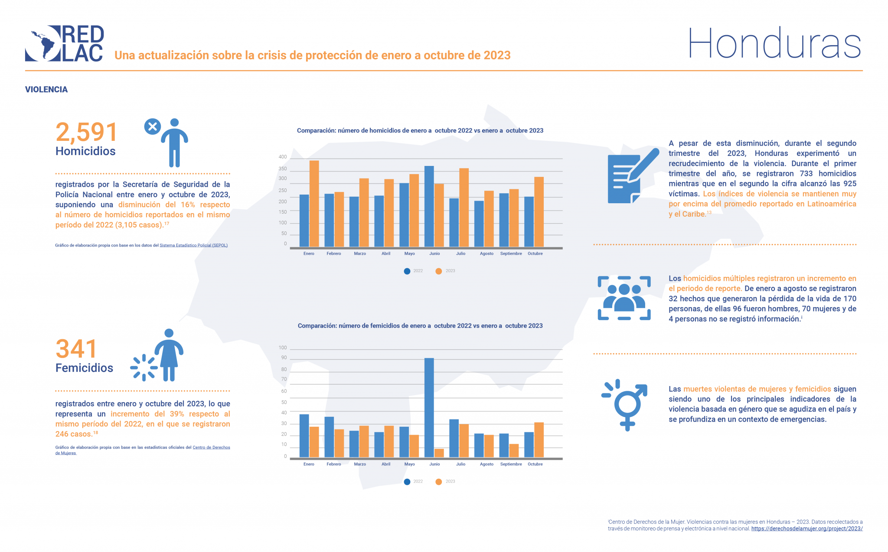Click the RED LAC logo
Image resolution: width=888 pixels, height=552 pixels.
tap(64, 43)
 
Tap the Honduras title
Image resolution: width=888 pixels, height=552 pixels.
tap(774, 43)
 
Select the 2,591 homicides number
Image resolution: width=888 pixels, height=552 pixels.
tap(86, 132)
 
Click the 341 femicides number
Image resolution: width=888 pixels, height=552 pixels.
tap(76, 349)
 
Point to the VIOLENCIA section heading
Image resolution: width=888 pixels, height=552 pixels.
tap(46, 90)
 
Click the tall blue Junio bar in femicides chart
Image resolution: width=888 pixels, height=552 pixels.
tap(429, 407)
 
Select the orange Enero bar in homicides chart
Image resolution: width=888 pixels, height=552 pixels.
tap(314, 204)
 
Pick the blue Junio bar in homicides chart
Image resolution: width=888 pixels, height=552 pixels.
tap(429, 206)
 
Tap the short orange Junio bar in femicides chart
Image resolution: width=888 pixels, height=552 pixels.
tap(439, 453)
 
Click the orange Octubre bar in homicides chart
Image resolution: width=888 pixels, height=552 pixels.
tap(539, 212)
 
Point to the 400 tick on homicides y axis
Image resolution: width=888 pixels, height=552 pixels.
tap(282, 157)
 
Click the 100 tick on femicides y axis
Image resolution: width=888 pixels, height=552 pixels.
tap(283, 347)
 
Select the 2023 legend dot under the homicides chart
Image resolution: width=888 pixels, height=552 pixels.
tap(439, 271)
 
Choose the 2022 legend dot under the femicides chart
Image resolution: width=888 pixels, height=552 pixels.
tap(407, 482)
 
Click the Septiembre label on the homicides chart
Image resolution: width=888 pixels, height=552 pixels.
tap(511, 253)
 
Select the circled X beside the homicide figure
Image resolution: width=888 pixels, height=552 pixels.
tap(152, 127)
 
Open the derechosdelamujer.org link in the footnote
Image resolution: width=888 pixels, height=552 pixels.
tap(806, 529)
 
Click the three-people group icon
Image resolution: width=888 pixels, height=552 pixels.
tap(624, 298)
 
